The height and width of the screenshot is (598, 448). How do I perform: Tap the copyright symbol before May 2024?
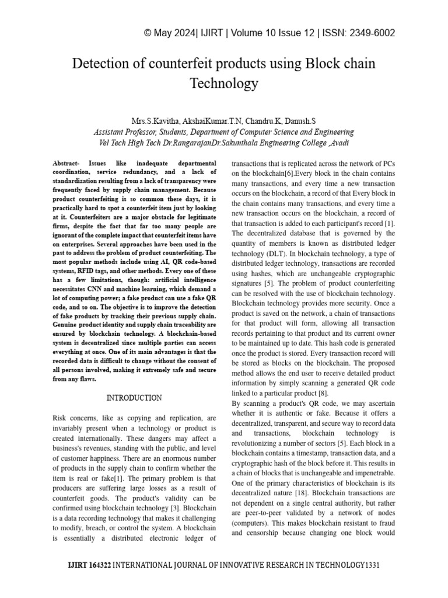click(x=148, y=33)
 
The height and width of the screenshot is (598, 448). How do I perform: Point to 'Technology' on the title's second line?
click(x=224, y=83)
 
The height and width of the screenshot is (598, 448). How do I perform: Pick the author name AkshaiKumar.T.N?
click(x=211, y=121)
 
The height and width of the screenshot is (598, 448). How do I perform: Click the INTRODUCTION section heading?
click(x=134, y=398)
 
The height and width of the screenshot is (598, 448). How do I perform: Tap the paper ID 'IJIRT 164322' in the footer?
click(x=89, y=565)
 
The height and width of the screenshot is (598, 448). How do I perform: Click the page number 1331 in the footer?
click(x=372, y=565)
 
